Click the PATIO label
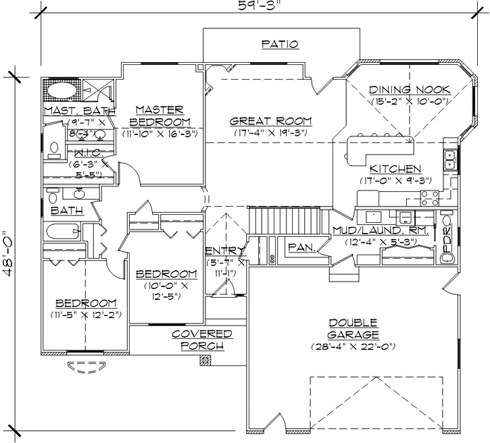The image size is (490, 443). coord(280,45)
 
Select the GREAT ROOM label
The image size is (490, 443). coord(270,122)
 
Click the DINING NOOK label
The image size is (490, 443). coord(406,90)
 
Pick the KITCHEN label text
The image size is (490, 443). coord(395,169)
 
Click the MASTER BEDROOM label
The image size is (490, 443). coord(160,115)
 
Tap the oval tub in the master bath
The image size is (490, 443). coord(61,90)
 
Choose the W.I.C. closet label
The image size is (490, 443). coord(89,153)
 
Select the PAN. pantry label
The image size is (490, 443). coord(301,248)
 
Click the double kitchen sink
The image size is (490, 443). coord(449,159)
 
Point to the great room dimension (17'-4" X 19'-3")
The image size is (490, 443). coord(270,133)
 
